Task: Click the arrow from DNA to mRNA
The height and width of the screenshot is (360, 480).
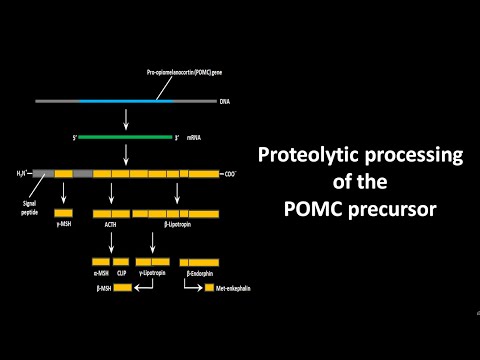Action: click(x=125, y=119)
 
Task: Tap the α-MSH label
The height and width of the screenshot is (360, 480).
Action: click(x=100, y=273)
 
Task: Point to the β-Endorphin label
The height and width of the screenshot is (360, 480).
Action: click(x=203, y=273)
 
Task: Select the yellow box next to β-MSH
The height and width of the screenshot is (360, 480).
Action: click(x=121, y=288)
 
